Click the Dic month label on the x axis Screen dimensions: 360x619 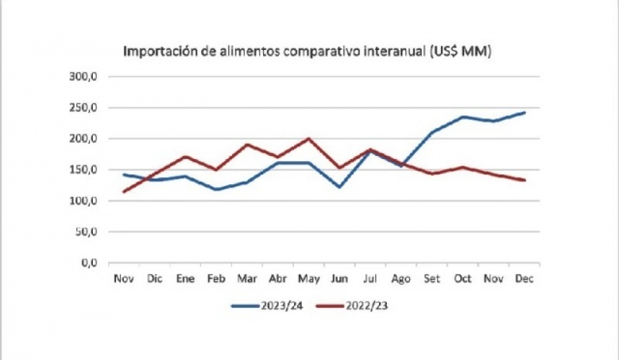pos(155,279)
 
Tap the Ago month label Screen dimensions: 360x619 pos(400,279)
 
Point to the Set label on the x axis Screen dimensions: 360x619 pos(432,279)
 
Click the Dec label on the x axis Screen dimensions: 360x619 pos(525,279)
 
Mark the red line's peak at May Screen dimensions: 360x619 pos(308,139)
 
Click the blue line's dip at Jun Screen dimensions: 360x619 pos(339,187)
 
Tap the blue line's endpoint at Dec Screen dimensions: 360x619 pos(525,112)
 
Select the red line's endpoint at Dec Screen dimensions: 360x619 pos(525,180)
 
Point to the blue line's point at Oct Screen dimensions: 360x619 pos(463,117)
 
